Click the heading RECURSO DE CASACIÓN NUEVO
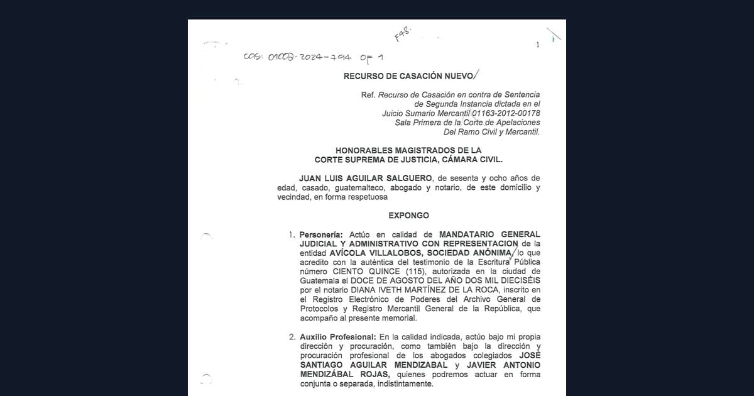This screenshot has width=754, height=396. (407, 76)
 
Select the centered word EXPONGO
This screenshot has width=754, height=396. (408, 216)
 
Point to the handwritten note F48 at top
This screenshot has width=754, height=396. (402, 34)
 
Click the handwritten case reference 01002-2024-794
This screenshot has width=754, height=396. (308, 57)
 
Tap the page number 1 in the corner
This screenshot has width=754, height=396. (537, 45)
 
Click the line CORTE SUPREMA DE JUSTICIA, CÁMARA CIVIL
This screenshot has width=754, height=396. (408, 160)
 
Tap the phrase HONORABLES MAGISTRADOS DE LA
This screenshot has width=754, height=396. (408, 150)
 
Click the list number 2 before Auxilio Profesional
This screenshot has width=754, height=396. (292, 337)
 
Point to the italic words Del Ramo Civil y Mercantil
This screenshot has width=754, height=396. (491, 132)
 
